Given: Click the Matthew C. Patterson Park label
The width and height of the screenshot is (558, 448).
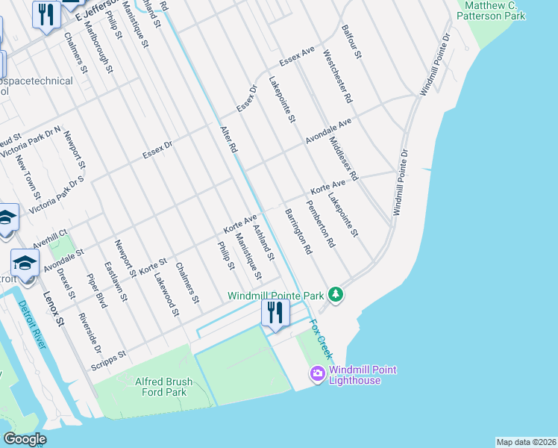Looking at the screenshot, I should point(494,10).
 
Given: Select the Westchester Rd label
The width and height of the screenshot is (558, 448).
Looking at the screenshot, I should point(338,77).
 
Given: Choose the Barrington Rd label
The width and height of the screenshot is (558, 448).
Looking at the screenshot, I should point(297,232).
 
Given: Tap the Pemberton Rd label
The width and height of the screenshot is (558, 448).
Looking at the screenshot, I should point(321,224).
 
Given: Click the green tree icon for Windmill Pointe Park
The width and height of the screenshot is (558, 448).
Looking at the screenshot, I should point(336,295).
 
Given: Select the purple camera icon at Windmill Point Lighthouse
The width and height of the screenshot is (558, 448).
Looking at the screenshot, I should point(318,373).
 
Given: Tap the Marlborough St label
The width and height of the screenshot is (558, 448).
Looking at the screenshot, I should point(98,52).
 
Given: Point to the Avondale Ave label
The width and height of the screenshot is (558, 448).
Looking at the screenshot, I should point(327,131).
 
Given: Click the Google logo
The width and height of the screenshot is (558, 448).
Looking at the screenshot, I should point(25,439).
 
